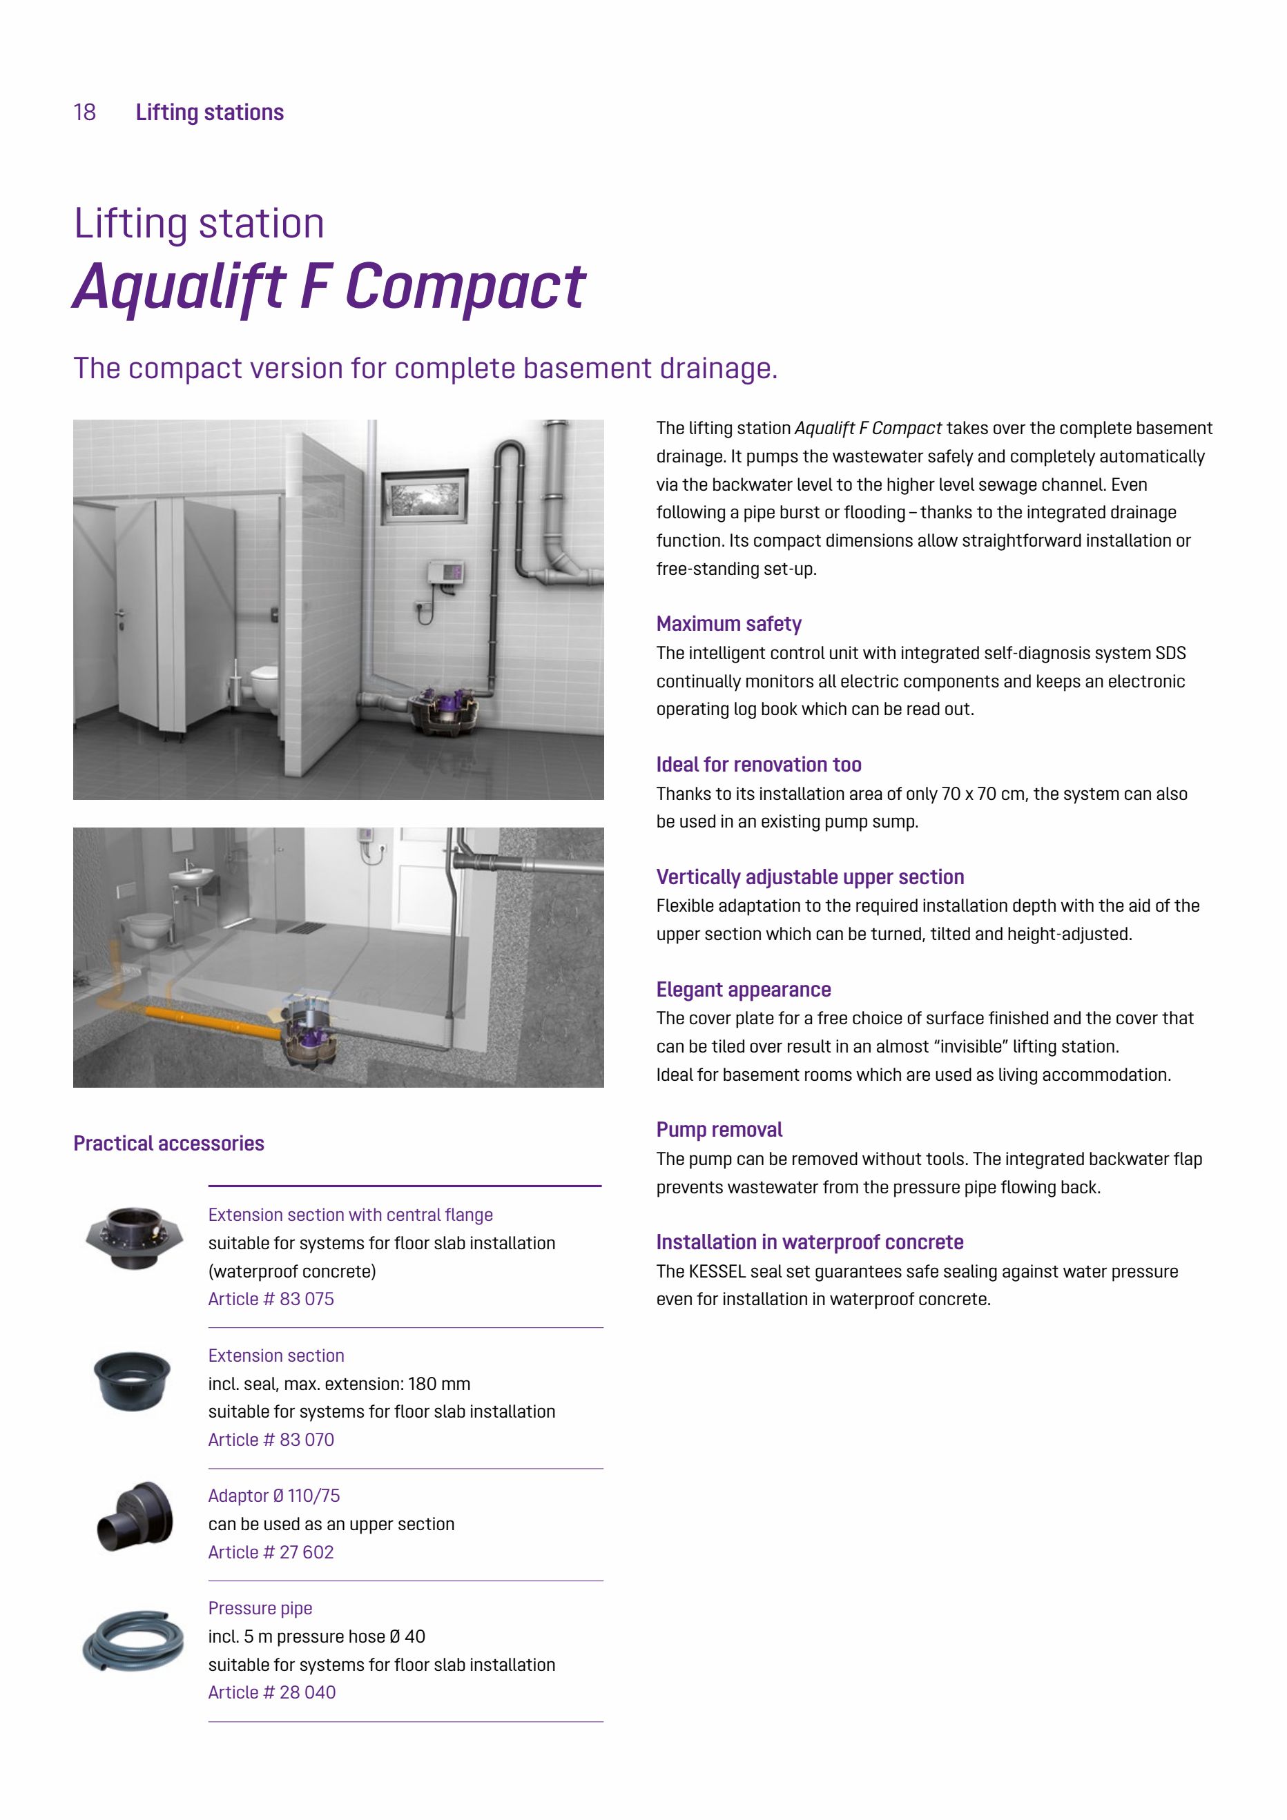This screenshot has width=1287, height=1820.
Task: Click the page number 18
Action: (x=85, y=112)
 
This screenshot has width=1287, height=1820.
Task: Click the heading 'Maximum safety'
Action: (x=728, y=624)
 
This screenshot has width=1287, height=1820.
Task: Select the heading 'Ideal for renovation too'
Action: (x=758, y=764)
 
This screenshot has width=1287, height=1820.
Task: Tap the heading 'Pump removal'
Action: (x=719, y=1130)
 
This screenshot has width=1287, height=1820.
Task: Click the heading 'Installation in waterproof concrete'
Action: (x=810, y=1242)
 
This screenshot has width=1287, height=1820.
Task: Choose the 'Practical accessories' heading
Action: (x=169, y=1143)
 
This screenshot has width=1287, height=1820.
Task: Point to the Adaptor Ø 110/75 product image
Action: (x=135, y=1516)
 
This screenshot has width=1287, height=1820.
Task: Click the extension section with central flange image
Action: (x=134, y=1237)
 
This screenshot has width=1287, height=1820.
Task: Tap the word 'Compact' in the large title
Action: (x=465, y=287)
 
